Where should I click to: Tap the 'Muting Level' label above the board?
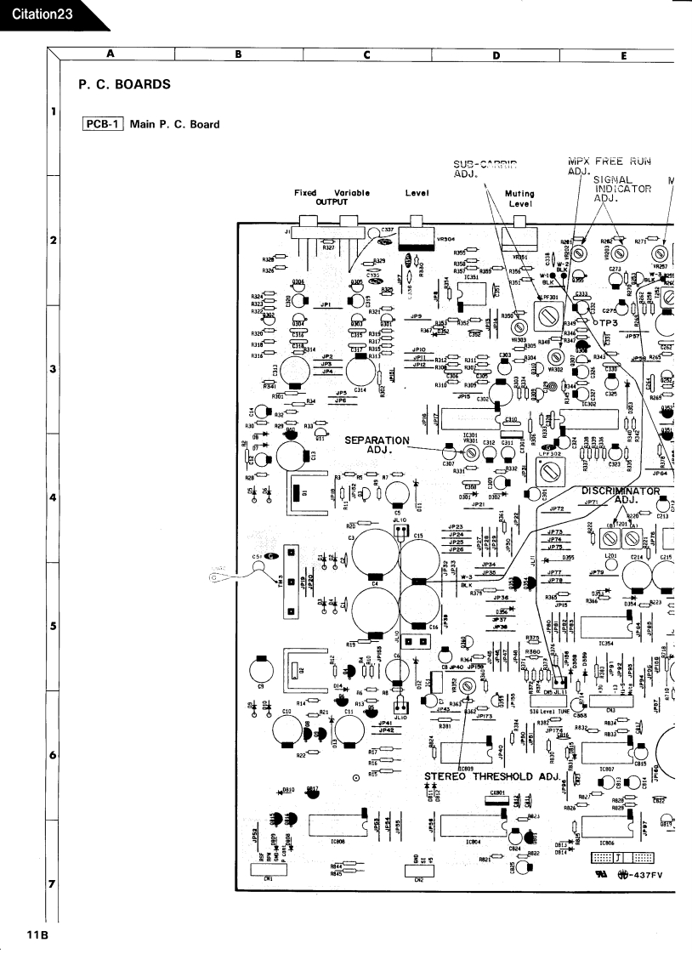pos(519,200)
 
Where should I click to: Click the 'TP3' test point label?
pos(605,323)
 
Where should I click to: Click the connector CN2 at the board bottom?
pos(419,869)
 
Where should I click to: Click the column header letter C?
pos(367,56)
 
